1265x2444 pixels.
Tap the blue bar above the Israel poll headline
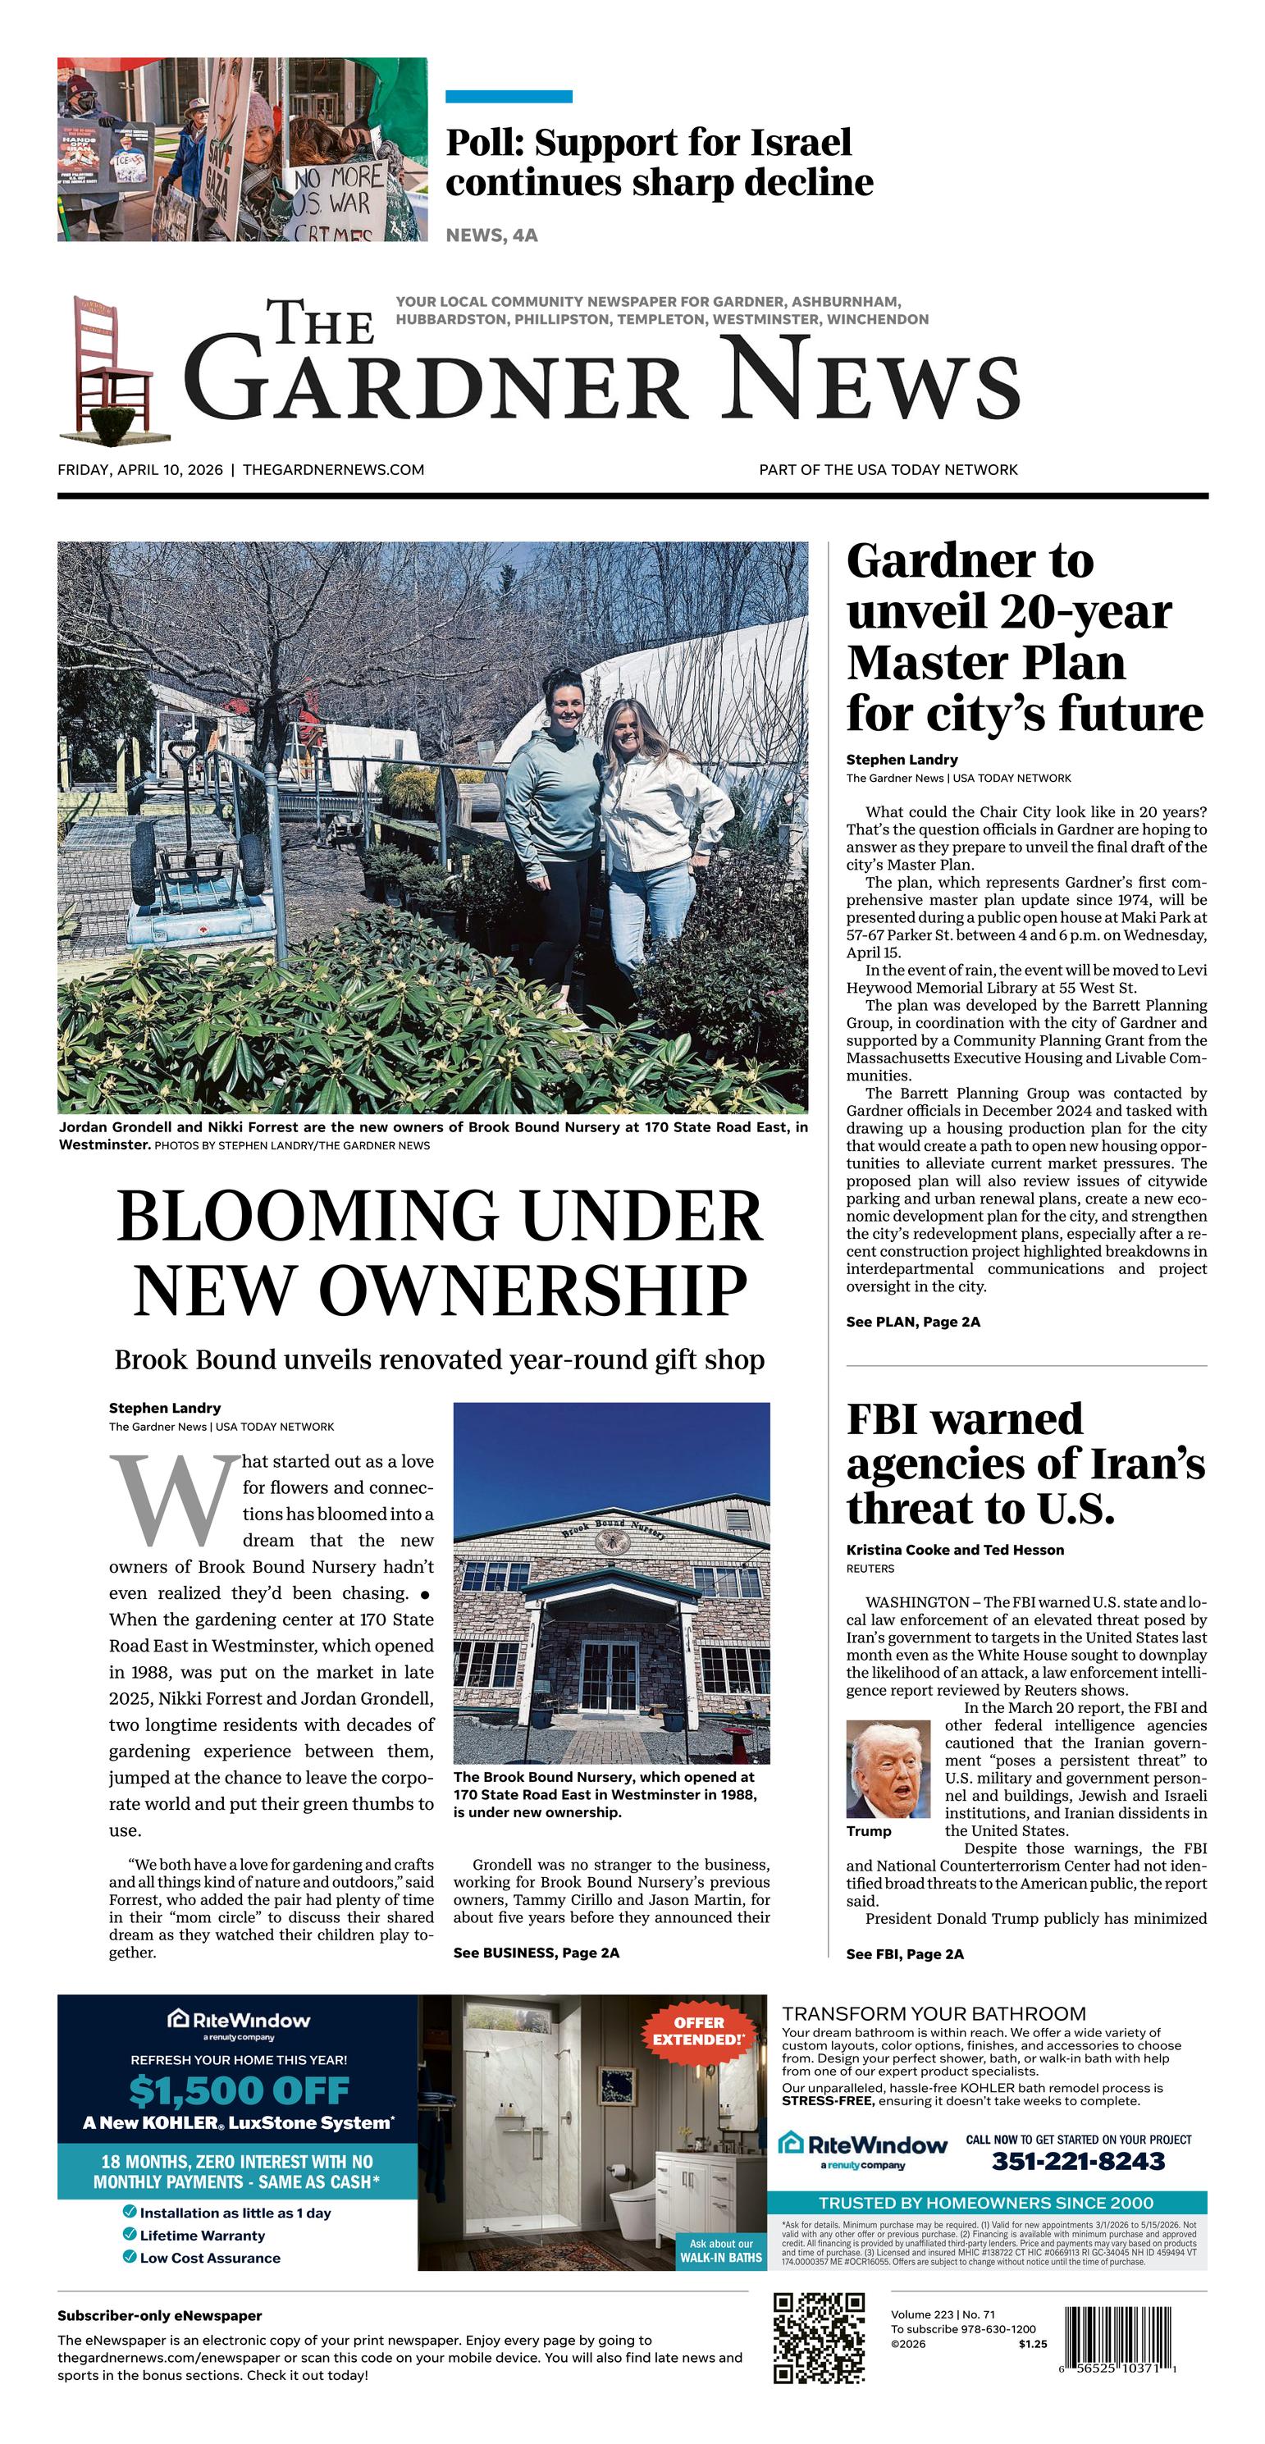509,96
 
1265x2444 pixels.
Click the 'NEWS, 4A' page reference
491,235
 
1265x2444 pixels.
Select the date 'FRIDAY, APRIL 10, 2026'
140,469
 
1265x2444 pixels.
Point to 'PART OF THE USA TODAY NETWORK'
888,469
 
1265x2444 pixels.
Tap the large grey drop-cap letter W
176,1499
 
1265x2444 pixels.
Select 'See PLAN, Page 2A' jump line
913,1322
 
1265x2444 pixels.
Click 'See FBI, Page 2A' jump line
904,1953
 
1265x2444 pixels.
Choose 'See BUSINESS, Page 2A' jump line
537,1953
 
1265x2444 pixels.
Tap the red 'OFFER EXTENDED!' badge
700,2031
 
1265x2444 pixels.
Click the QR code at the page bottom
819,2339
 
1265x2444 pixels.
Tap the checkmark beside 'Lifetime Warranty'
129,2234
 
